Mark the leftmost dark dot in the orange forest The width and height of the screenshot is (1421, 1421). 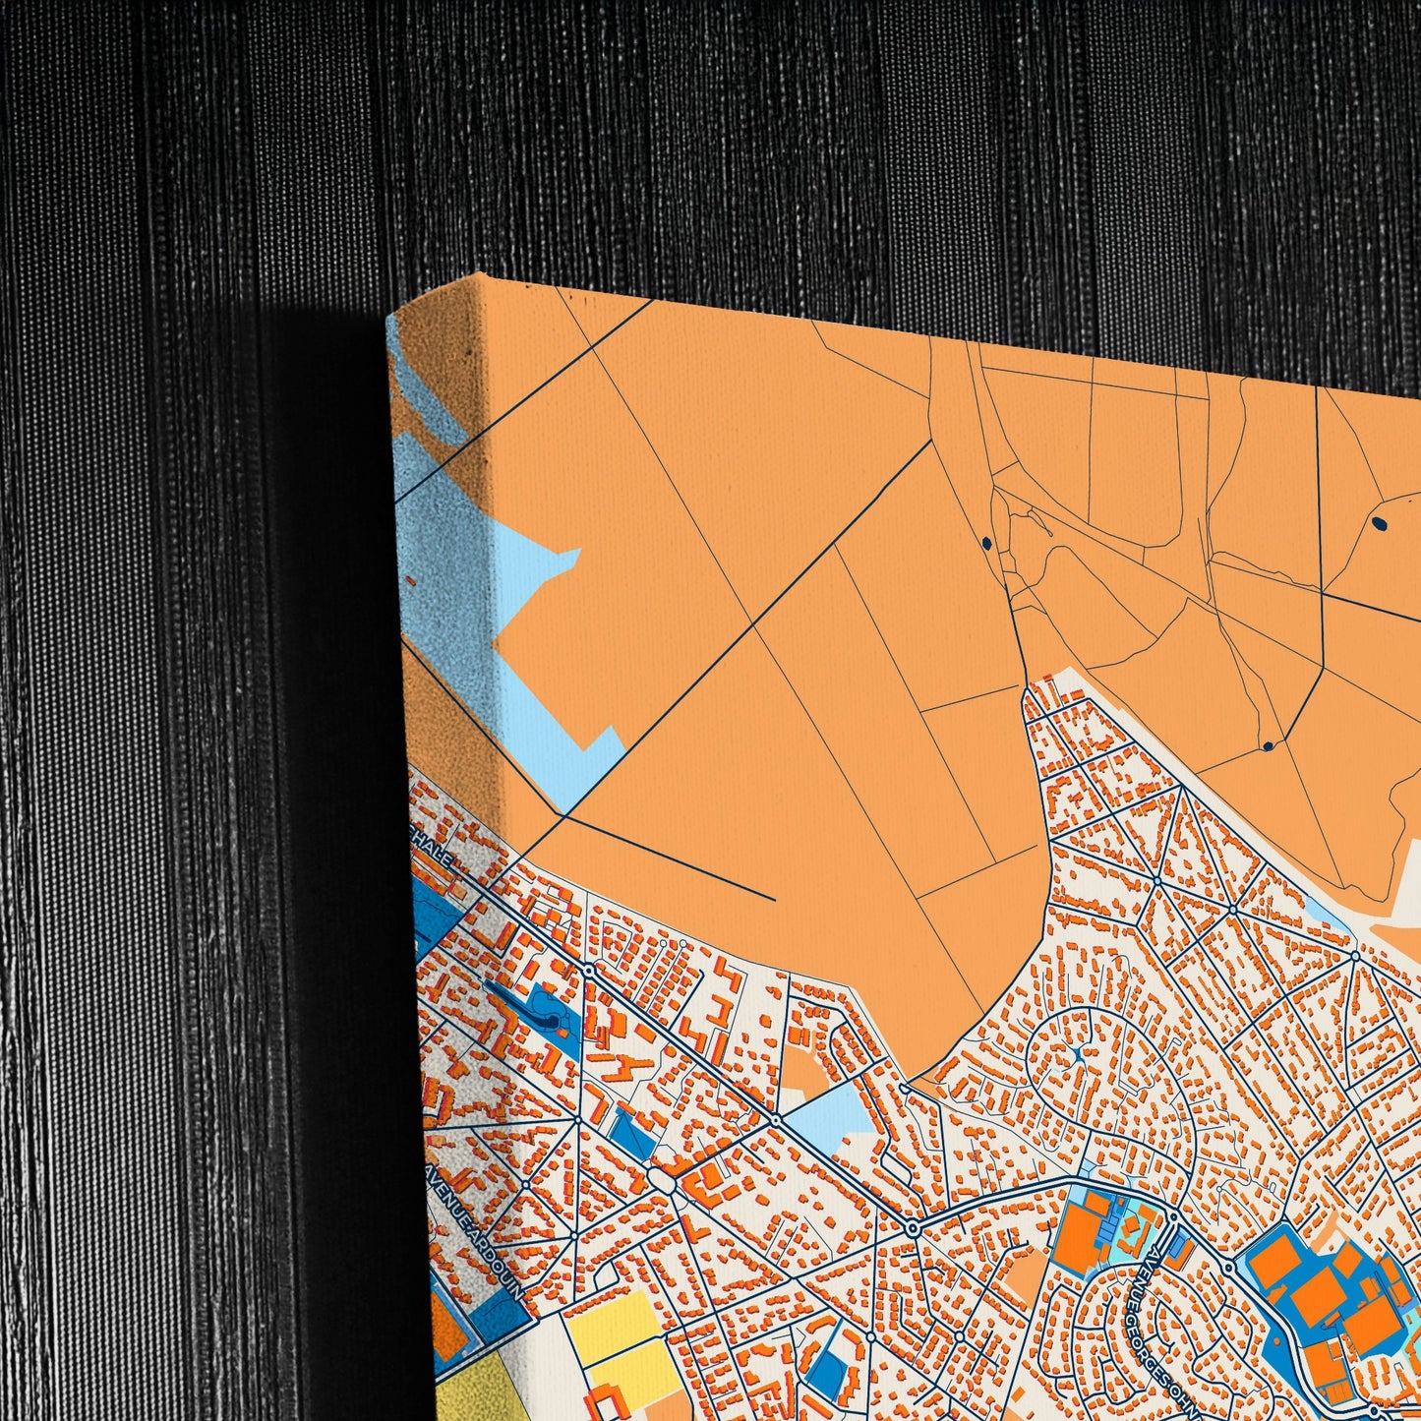985,541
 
